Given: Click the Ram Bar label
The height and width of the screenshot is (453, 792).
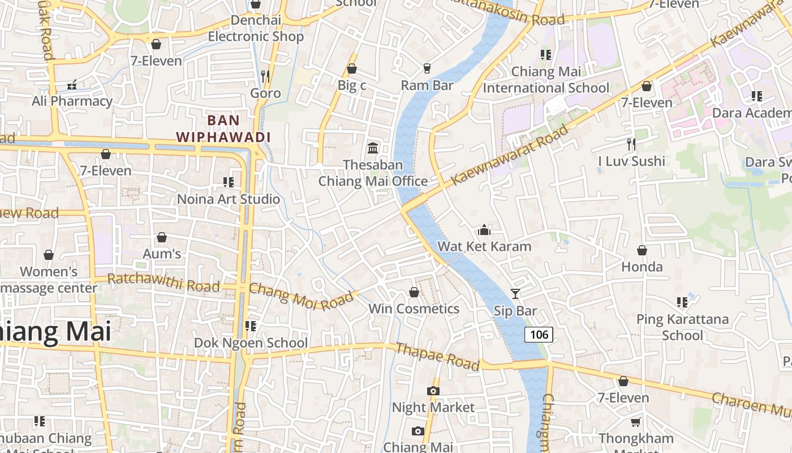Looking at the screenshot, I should [427, 86].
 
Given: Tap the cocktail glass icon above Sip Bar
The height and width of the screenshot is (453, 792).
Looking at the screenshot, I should [515, 293].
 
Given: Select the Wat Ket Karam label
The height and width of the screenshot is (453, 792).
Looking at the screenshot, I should [484, 247].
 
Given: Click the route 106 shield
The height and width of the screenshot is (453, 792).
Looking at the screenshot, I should [539, 334].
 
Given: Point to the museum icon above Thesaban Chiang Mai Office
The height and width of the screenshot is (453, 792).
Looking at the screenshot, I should [373, 148].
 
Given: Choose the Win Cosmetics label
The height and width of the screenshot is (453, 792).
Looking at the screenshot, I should [414, 309].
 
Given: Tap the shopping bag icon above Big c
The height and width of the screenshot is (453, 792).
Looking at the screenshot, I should [351, 69].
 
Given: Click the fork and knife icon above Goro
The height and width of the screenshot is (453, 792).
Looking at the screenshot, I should [265, 76].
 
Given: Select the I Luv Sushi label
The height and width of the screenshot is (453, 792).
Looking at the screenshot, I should [631, 161].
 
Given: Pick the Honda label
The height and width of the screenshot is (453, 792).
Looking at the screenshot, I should [642, 267].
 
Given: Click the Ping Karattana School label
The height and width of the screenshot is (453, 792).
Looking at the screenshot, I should [682, 327].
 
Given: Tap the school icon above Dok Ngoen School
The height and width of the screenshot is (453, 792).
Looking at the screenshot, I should [250, 326].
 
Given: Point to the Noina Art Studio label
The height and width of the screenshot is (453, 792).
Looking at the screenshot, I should [229, 199].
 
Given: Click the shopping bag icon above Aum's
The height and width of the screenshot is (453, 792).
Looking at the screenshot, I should [162, 237].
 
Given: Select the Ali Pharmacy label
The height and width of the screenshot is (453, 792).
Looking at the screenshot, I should [72, 101].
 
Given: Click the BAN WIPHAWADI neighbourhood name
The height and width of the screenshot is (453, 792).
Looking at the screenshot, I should [223, 129].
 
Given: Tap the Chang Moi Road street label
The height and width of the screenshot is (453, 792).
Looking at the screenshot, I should [304, 297].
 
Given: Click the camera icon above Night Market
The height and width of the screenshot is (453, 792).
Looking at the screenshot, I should [433, 391].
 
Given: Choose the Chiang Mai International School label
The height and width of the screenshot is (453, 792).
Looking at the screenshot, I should [546, 80].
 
